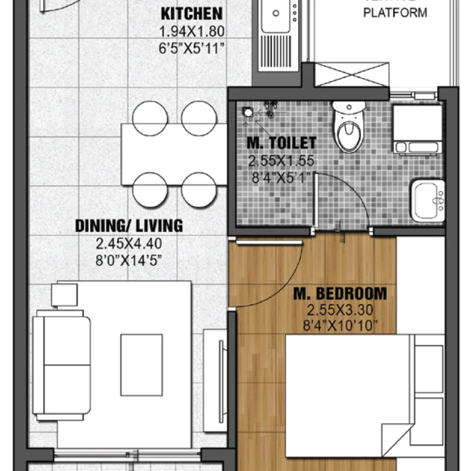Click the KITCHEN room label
tap(191, 14)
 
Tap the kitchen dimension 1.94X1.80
tap(191, 32)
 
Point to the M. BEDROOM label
tap(340, 293)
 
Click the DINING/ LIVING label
tap(129, 225)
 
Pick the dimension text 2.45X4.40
tap(129, 244)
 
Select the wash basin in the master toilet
tap(428, 200)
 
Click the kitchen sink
tap(276, 16)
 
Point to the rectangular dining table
tap(174, 154)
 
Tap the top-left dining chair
tap(149, 117)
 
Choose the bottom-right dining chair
tap(198, 190)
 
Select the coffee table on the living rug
tap(141, 364)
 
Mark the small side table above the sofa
tap(65, 294)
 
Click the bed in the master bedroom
tap(350, 390)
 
